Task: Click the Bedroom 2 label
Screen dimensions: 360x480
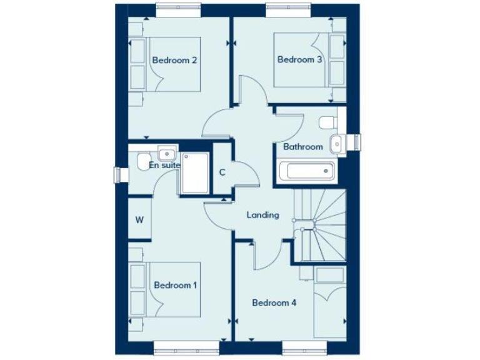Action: coord(175,61)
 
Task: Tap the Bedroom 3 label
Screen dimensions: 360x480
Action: coord(300,60)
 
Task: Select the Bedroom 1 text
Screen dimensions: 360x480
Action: coord(176,285)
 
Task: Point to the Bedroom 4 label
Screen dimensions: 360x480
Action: coord(274,303)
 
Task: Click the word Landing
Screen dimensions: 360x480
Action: coord(262,215)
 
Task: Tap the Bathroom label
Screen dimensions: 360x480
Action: coord(303,147)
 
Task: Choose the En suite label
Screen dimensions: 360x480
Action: coord(164,166)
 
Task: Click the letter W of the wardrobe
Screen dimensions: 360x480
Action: coord(140,220)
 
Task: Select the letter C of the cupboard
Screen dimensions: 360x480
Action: coord(222,172)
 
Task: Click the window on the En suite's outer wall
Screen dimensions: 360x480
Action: coord(117,175)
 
